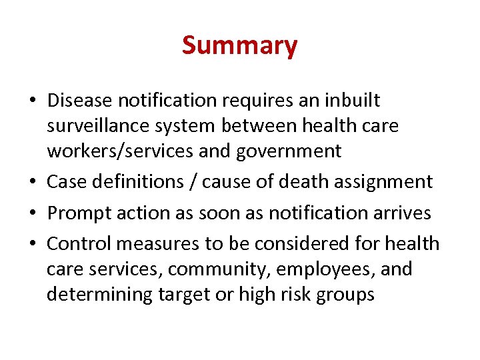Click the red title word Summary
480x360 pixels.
[239, 45]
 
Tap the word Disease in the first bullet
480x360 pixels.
[80, 101]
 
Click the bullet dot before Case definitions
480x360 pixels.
[33, 182]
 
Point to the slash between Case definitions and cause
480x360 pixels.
[194, 181]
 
